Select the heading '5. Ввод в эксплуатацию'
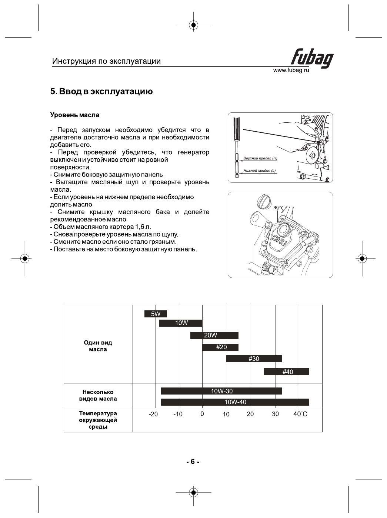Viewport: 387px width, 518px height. click(x=101, y=92)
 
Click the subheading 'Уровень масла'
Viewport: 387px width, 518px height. click(x=75, y=115)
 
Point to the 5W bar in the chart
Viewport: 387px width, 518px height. click(x=156, y=314)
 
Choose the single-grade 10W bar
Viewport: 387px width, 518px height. click(x=181, y=323)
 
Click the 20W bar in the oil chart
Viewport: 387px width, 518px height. click(x=214, y=335)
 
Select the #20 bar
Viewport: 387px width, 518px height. click(x=220, y=347)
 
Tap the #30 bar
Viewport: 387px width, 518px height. click(x=254, y=359)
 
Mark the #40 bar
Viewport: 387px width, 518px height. click(x=286, y=372)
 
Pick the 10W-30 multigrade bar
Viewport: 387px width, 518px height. click(x=221, y=391)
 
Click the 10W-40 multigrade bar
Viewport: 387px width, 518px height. click(x=235, y=402)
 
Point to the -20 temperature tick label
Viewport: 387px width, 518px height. click(x=153, y=414)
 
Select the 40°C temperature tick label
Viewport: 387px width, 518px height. click(x=300, y=414)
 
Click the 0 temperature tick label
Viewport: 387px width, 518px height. click(x=202, y=414)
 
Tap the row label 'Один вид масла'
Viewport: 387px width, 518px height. click(x=98, y=346)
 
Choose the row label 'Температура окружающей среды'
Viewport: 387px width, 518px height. click(x=98, y=420)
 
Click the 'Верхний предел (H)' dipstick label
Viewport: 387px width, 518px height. click(x=260, y=158)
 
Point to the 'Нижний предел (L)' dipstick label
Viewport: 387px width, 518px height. click(x=260, y=171)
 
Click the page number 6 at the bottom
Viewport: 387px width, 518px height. click(x=193, y=462)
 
